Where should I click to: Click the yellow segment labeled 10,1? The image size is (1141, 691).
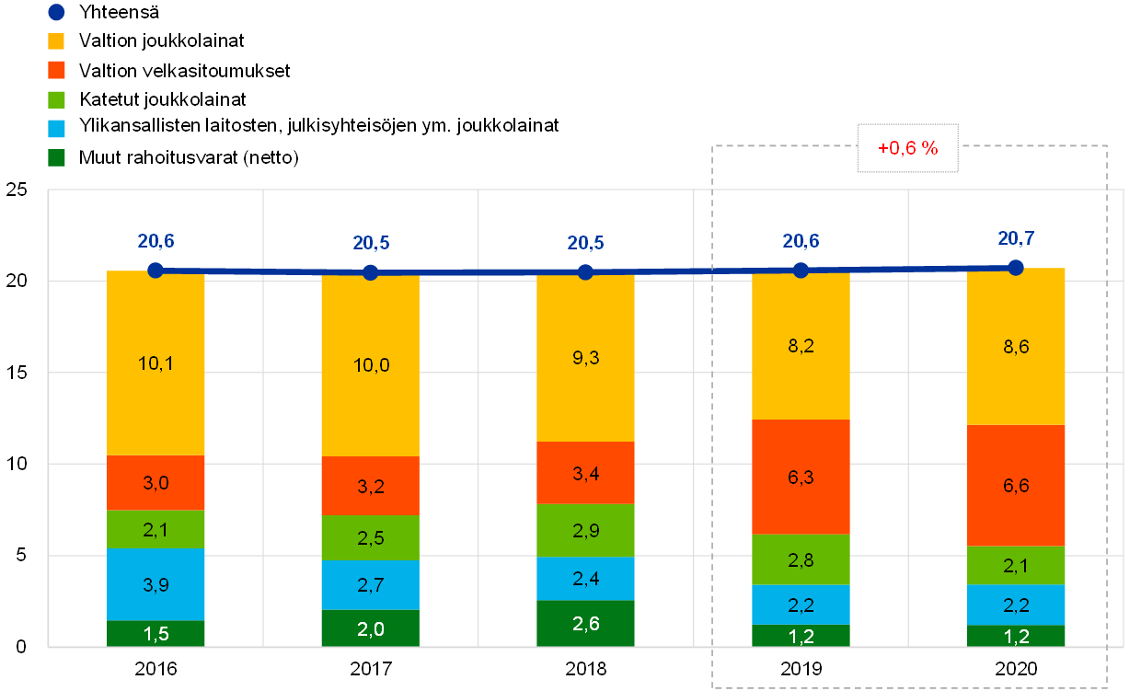point(156,386)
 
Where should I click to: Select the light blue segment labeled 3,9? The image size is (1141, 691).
point(156,583)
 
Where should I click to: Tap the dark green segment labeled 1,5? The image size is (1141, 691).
point(156,633)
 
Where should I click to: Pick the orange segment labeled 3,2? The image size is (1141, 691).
point(370,485)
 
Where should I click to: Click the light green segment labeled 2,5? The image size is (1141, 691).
point(370,537)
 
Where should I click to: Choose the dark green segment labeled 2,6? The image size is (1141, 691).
point(585,623)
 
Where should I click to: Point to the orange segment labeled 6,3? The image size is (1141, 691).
point(801,477)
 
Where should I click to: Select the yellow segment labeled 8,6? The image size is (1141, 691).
point(1016,368)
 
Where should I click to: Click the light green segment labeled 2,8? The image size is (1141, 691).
point(801,559)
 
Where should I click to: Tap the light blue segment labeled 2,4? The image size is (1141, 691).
point(585,578)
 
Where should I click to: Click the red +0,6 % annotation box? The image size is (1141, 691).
point(907,148)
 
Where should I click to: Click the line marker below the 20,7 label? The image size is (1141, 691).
point(1016,268)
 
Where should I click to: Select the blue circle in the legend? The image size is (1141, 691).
point(56,13)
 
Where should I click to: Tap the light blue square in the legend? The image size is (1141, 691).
point(56,128)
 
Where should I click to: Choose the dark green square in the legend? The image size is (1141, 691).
point(56,157)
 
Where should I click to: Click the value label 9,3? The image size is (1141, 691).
point(585,358)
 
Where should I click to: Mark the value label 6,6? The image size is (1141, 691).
point(1016,485)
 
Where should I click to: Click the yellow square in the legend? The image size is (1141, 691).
point(56,41)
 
